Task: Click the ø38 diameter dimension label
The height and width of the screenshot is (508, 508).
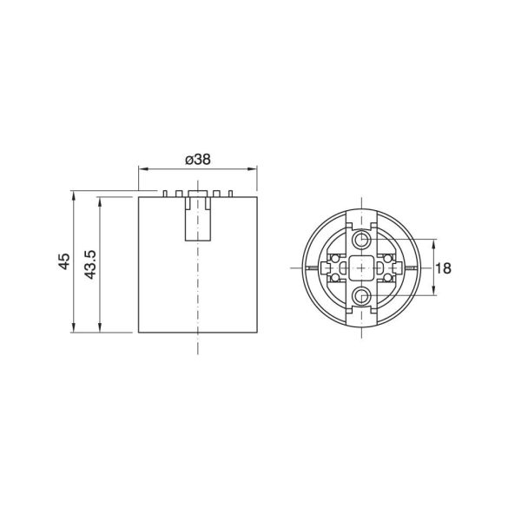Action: [x=198, y=160]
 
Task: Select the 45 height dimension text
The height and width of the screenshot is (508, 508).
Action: [x=64, y=261]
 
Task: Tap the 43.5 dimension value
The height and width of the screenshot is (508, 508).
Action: [x=90, y=264]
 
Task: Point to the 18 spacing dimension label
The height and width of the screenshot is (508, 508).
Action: [x=443, y=268]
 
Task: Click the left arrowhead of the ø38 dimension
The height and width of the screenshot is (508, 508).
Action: [x=143, y=168]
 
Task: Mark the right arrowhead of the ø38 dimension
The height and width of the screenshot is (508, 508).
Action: [x=253, y=168]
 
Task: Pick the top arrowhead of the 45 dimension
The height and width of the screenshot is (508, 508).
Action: [x=74, y=195]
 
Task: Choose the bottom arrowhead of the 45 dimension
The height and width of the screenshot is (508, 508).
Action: [x=74, y=327]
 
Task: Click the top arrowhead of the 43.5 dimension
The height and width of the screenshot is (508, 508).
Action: [x=100, y=201]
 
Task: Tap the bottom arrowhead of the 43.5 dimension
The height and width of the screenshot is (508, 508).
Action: [x=100, y=327]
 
